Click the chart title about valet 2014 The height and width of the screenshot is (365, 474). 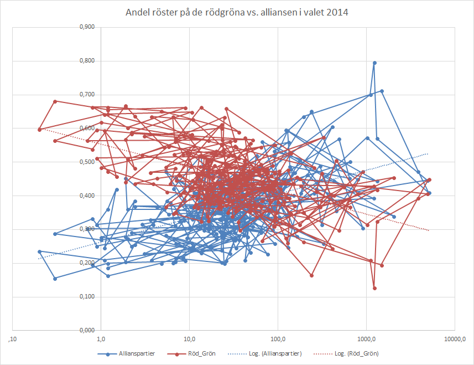point(236,13)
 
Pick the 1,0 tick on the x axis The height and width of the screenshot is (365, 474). point(101,338)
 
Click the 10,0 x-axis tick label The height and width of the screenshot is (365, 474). point(190,338)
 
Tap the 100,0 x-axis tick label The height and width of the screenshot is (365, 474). point(278,338)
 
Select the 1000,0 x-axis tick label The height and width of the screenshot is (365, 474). point(367,338)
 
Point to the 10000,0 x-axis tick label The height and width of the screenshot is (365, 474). point(455,338)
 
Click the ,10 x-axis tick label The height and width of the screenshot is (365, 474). point(12,338)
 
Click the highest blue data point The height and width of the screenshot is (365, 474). point(374,63)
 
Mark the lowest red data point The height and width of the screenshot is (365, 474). point(374,288)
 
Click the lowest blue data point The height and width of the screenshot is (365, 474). point(55,279)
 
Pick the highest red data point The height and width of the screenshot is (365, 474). point(55,101)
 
